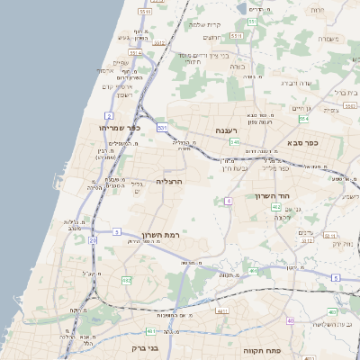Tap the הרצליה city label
[x=169, y=181]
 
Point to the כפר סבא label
[x=301, y=142]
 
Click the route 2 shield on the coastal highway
[x=109, y=116]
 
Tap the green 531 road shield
[x=162, y=129]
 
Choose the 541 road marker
[x=235, y=142]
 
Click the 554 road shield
[x=303, y=118]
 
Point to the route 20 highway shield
[x=93, y=240]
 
